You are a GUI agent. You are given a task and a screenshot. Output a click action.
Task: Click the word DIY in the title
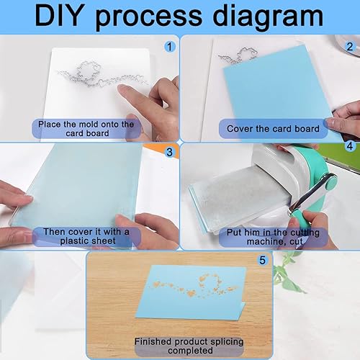(x=60, y=17)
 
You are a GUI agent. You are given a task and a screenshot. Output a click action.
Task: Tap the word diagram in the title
(x=268, y=17)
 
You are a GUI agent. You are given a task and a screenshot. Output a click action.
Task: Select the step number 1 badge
(x=170, y=46)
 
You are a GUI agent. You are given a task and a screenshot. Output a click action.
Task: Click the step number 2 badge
(x=350, y=46)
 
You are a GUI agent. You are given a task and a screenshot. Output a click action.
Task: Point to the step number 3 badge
(x=170, y=152)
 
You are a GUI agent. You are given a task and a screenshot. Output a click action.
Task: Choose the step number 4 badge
(x=350, y=146)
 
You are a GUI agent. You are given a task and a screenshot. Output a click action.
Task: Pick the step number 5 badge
(x=263, y=260)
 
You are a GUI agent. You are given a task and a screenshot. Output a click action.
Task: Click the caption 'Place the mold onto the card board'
(x=86, y=129)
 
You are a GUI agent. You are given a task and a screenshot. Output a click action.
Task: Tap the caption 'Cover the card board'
(x=273, y=129)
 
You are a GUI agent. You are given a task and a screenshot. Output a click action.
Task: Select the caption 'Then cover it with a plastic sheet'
(x=86, y=236)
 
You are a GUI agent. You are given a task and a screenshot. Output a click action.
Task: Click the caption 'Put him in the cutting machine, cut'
(x=273, y=237)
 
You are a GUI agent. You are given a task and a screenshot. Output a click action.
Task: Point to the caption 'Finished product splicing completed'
(x=189, y=346)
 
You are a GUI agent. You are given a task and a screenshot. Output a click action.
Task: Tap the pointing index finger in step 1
(x=135, y=96)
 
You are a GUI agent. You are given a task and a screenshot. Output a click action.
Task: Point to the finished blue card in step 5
(x=192, y=292)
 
